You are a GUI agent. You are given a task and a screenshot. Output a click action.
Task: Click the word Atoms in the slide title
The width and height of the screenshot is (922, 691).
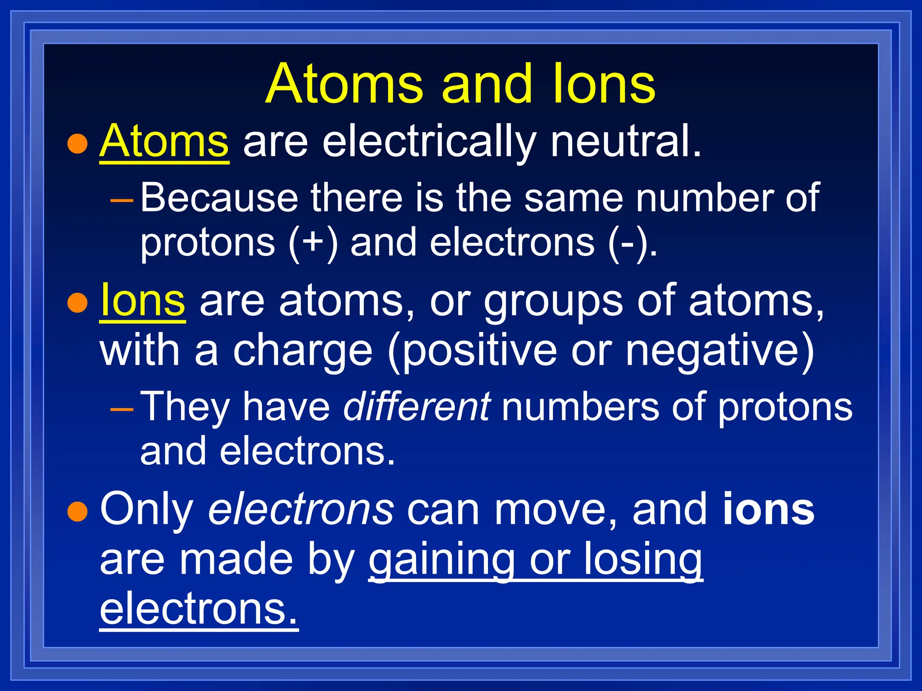click(x=344, y=85)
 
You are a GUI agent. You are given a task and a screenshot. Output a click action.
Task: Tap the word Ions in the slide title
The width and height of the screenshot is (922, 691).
click(x=603, y=85)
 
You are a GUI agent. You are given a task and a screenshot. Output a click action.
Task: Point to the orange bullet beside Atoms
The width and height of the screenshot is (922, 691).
click(x=77, y=144)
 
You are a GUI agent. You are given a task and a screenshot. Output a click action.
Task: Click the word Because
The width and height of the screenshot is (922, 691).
click(x=219, y=198)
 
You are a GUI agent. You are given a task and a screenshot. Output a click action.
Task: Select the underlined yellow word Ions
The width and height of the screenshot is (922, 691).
click(x=142, y=301)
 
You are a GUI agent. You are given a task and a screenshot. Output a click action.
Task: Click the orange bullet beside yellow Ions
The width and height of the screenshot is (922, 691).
click(x=77, y=303)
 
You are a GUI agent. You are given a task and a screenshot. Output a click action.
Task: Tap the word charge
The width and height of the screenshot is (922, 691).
click(x=303, y=352)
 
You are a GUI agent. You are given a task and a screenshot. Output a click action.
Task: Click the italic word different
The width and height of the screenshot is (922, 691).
click(x=417, y=407)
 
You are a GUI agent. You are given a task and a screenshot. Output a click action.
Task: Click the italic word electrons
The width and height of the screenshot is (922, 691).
click(x=301, y=510)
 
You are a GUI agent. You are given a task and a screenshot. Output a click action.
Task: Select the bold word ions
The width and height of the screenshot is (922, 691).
click(x=768, y=510)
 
